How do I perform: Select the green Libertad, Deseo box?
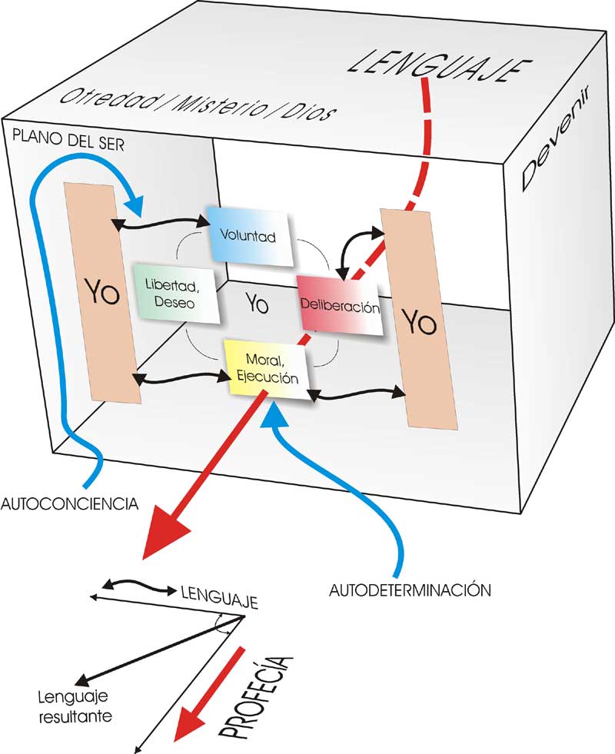tap(175, 293)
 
